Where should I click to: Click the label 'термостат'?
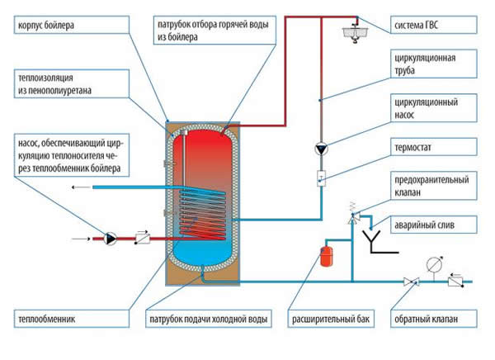[421, 150]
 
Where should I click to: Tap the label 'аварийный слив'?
[431, 223]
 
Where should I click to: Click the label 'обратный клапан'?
[430, 319]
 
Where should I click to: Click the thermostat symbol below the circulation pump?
[321, 176]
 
